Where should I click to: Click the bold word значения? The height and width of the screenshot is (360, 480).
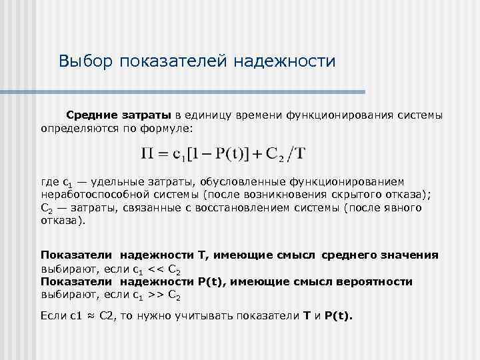click(x=408, y=255)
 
